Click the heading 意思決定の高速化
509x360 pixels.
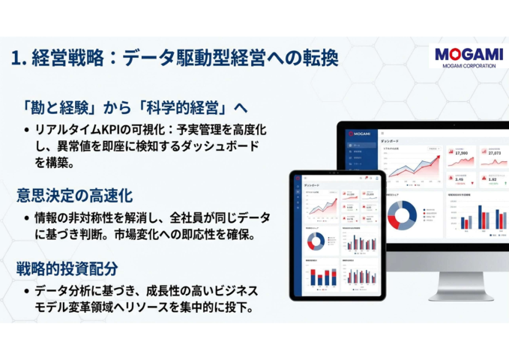coord(75,195)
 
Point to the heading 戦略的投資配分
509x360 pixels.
coord(67,268)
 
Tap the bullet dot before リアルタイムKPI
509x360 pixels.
coord(27,130)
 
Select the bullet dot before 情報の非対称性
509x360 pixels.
coord(27,217)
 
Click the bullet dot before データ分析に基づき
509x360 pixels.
coord(27,290)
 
